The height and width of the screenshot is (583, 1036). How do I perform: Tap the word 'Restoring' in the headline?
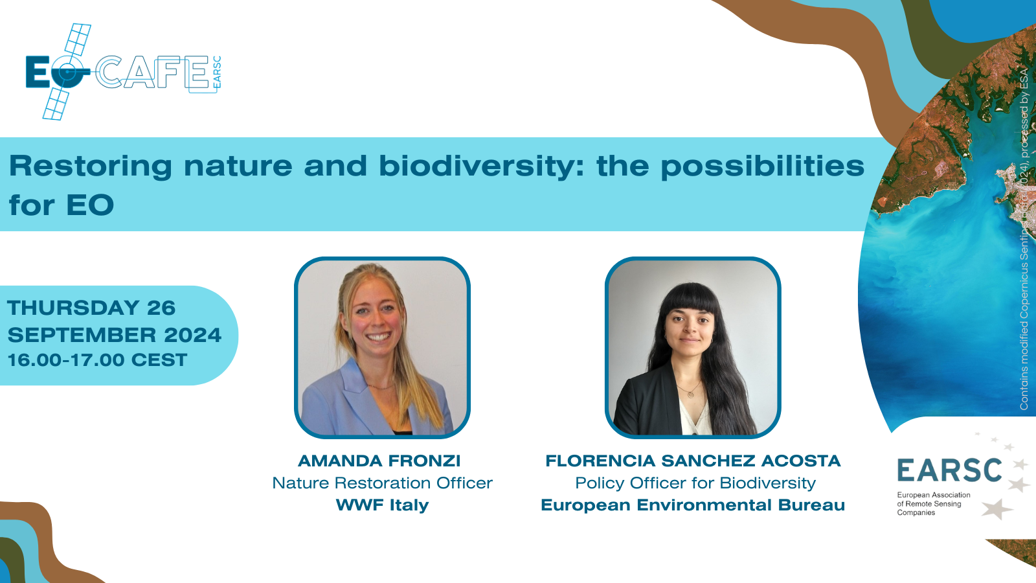[x=91, y=166]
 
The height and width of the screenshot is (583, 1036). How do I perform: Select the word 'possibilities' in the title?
[x=762, y=166]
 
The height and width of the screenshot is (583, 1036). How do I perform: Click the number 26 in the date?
[x=161, y=308]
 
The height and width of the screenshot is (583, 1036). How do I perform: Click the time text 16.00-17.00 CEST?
[x=97, y=360]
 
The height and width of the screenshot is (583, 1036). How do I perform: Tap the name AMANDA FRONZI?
[x=379, y=461]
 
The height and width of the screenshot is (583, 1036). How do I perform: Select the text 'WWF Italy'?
[x=382, y=505]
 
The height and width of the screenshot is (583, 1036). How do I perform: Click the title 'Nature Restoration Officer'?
[x=382, y=483]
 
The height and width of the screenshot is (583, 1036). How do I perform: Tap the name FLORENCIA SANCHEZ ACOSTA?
[x=693, y=461]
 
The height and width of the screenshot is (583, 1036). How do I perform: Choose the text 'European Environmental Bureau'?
[x=693, y=505]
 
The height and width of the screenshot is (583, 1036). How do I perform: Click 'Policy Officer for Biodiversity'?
[x=695, y=483]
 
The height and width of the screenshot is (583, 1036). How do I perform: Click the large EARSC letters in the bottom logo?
[x=949, y=471]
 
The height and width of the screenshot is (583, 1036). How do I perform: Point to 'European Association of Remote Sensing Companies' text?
[x=932, y=503]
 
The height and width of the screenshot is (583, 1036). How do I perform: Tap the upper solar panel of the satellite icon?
[x=78, y=40]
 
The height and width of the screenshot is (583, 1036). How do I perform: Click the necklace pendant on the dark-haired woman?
[x=690, y=393]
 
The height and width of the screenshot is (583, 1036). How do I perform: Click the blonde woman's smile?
[x=378, y=337]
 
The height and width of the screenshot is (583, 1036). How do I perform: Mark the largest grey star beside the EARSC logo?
[x=997, y=509]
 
